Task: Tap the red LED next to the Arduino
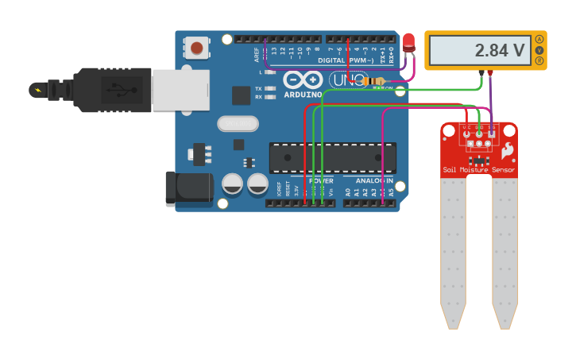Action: (409, 43)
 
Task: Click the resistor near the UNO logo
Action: (373, 81)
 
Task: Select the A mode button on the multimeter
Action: (539, 39)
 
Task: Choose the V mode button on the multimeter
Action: (539, 50)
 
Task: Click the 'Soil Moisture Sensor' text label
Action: (478, 170)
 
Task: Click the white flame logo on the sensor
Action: (506, 149)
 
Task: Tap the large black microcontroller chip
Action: (332, 157)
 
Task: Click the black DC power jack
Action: (188, 189)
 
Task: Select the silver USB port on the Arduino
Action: (180, 90)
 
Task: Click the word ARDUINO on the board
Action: (302, 95)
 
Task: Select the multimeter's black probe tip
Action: (481, 74)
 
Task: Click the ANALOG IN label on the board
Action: (373, 180)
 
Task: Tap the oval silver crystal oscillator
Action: (238, 123)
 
